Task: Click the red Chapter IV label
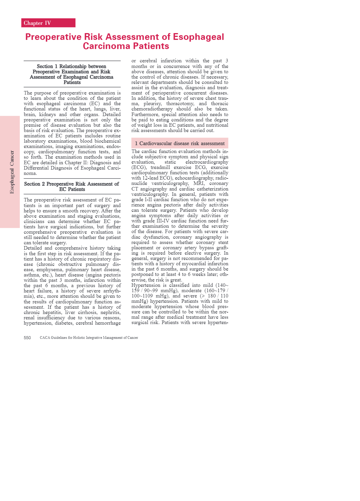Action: pyautogui.click(x=48, y=23)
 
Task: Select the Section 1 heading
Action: pyautogui.click(x=72, y=74)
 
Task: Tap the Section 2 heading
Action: pyautogui.click(x=72, y=186)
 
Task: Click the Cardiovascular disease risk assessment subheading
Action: pyautogui.click(x=180, y=144)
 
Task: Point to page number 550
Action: pyautogui.click(x=27, y=338)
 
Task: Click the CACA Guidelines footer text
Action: pyautogui.click(x=89, y=338)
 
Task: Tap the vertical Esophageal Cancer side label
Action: pyautogui.click(x=12, y=172)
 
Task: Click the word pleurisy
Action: pyautogui.click(x=153, y=104)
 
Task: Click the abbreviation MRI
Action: pyautogui.click(x=199, y=183)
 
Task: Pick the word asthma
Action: pyautogui.click(x=31, y=275)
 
